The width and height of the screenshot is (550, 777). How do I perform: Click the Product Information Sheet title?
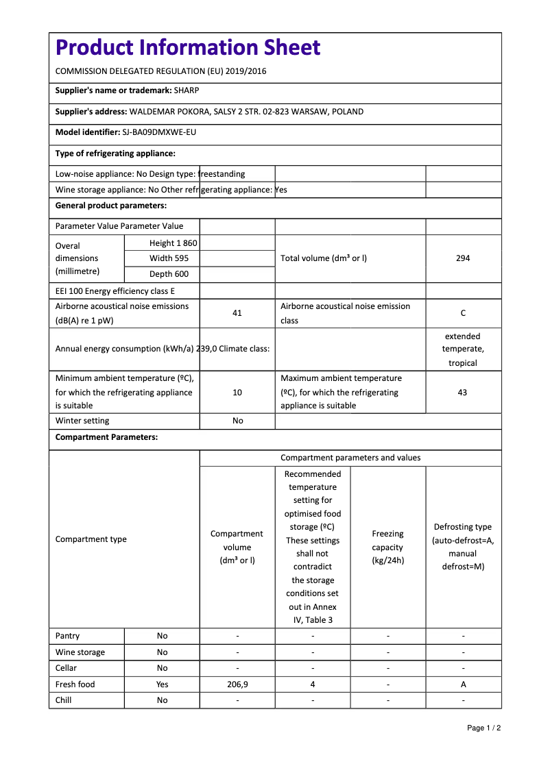(188, 48)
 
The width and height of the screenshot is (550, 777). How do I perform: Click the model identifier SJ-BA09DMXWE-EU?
(159, 132)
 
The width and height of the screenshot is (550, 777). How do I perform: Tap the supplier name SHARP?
(187, 90)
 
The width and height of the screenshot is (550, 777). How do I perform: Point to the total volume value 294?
(463, 258)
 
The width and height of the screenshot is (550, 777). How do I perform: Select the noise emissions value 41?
(237, 313)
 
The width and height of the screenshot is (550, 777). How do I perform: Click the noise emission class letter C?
(463, 313)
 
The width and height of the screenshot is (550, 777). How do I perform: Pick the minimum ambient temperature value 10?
(237, 393)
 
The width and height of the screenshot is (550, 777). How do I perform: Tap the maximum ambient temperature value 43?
(463, 393)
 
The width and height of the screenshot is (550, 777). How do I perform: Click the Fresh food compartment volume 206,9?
(237, 684)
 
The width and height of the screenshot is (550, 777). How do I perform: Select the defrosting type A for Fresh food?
(463, 684)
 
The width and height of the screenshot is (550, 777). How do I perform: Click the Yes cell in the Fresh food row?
(162, 684)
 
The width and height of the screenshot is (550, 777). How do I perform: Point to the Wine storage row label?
(80, 652)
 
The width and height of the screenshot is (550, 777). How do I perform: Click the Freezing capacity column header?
(387, 547)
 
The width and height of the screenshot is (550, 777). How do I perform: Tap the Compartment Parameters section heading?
(106, 437)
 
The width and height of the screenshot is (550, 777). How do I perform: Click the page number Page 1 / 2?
(483, 728)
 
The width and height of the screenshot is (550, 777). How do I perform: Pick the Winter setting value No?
(237, 421)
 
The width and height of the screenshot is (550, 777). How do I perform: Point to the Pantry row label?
(68, 636)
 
